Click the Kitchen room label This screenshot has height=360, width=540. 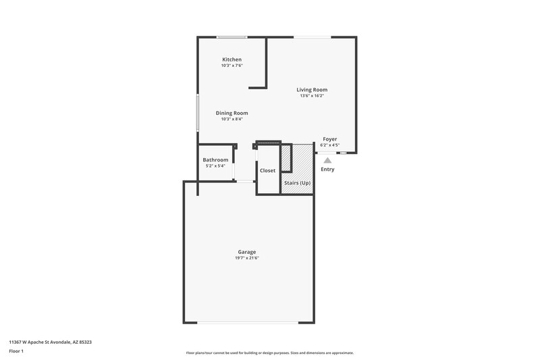(x=232, y=59)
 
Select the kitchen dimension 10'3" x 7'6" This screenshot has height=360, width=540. (x=232, y=66)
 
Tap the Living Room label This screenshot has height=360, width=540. (x=312, y=89)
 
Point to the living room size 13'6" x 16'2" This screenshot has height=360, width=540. (x=312, y=96)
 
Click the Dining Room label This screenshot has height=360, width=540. (x=232, y=113)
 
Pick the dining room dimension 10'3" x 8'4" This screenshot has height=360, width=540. (x=232, y=119)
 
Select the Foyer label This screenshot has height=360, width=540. (x=329, y=138)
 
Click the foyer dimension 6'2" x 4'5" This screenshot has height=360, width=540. (x=329, y=145)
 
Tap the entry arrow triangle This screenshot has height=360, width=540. (x=327, y=160)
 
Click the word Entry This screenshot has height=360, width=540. (x=327, y=170)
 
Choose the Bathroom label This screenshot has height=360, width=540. (x=216, y=160)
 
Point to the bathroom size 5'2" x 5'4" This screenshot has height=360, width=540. (x=216, y=166)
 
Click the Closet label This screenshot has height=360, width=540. (x=268, y=170)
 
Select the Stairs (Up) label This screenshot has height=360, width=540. (x=297, y=183)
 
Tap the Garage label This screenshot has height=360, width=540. (x=246, y=252)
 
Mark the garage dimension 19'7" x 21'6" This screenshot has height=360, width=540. (x=246, y=258)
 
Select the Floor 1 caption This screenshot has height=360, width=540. (x=16, y=351)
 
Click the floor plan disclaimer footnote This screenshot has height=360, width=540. (x=269, y=353)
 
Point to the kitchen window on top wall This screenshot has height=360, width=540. (x=232, y=37)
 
